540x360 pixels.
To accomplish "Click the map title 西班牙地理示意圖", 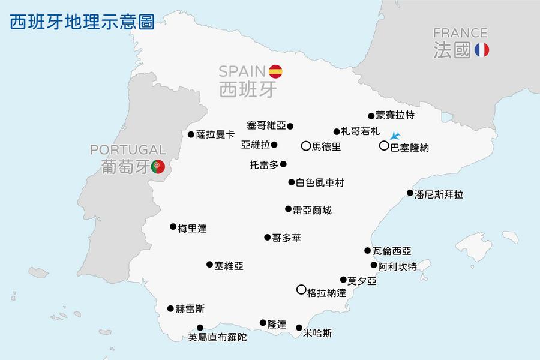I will coord(82,22).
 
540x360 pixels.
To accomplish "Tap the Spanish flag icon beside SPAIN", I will coord(275,71).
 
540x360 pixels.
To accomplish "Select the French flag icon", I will coord(481,50).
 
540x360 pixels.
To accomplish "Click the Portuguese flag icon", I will coord(158,167).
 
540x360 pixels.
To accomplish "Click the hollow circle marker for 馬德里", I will coord(305,145).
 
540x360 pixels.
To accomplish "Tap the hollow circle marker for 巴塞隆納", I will coord(383,145).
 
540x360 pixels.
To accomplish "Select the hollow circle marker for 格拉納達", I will coord(301,289).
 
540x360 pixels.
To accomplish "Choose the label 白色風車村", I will coord(320,182).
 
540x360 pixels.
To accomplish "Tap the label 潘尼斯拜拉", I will coord(439,194).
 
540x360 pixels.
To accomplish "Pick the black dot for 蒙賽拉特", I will coord(371,116).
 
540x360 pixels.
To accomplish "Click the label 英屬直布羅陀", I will coord(217,337).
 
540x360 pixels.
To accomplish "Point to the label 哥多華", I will coord(286,238).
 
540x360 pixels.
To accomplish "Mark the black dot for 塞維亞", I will coord(209,264).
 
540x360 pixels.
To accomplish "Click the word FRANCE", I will coord(460,32).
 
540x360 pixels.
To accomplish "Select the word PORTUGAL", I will coord(128,149).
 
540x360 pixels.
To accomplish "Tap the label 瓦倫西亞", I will coord(392,251).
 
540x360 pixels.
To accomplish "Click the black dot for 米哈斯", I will coord(299,328).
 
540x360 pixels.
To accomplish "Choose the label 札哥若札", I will coord(360,131).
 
